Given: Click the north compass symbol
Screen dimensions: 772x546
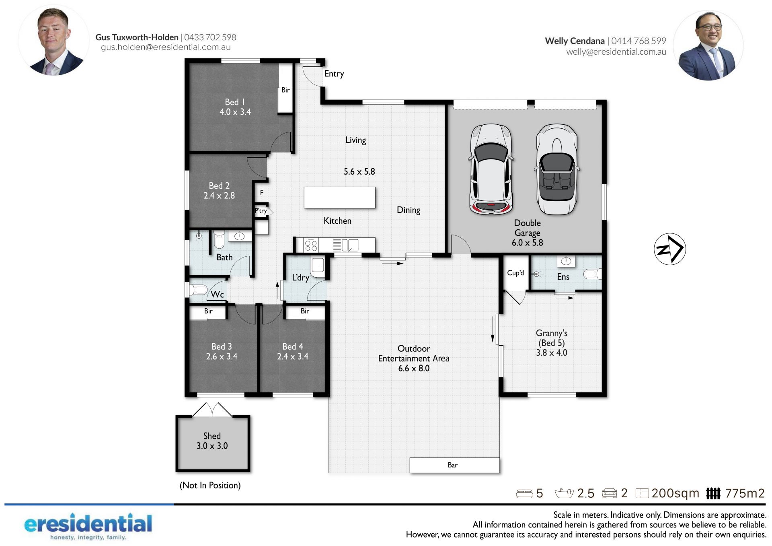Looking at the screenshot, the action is pos(669,249).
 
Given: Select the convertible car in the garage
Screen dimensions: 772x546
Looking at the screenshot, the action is pos(557,169).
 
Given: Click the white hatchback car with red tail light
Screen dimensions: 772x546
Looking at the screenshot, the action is pos(491,169).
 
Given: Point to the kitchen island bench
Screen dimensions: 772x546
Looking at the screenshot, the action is pos(339,198).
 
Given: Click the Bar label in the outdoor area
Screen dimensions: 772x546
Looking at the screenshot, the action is pos(452,465).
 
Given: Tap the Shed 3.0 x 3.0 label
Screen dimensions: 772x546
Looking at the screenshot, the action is pos(212,441).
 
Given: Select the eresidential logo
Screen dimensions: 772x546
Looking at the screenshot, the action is pos(88,526).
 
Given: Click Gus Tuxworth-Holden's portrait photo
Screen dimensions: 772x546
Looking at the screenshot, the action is pos(54,40).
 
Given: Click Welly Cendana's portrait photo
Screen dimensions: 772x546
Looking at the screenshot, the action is pos(708,45).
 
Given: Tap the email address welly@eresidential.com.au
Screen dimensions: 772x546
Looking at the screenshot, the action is pos(616,52).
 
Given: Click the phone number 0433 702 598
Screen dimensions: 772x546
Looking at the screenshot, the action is pos(210,37).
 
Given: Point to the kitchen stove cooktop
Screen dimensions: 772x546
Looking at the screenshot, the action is pos(311,245).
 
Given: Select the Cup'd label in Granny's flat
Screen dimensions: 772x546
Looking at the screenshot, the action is pos(515,273).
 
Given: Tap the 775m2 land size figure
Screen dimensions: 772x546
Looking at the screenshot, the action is pos(745,493).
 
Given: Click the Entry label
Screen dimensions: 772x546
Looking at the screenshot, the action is pos(334,74).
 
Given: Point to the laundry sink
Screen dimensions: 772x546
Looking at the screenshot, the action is pos(317,266).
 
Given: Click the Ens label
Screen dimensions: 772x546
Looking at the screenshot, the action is pos(563,277).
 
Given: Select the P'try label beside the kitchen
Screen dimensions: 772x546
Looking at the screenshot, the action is pos(261,211).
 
